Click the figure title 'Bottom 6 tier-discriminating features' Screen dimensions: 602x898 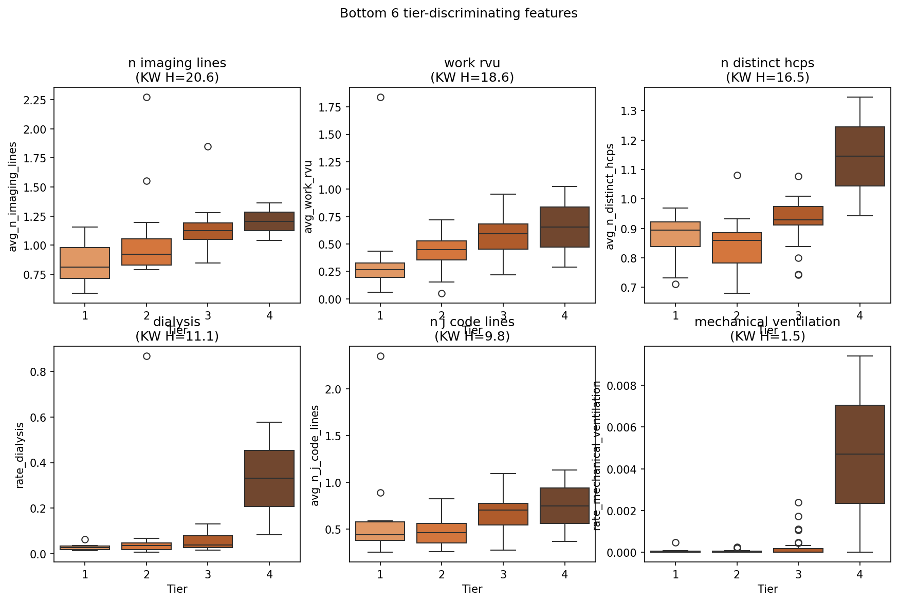[x=459, y=13]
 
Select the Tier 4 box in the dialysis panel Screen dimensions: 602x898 [x=269, y=478]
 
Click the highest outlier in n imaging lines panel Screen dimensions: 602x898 [x=146, y=97]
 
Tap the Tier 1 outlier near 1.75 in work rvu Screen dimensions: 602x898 [x=380, y=97]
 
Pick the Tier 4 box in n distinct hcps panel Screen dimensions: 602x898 [x=860, y=156]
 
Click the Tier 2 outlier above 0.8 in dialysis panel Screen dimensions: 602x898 [x=146, y=356]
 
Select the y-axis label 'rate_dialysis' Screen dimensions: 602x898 [x=20, y=455]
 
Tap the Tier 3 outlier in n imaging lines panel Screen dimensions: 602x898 [x=208, y=146]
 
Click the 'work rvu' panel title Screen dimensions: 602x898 [x=472, y=63]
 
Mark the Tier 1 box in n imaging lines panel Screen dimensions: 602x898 [x=85, y=263]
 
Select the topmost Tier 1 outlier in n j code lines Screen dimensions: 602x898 [x=380, y=356]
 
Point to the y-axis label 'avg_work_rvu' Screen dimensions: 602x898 [x=308, y=197]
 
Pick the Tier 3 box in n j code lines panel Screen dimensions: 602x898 [x=503, y=514]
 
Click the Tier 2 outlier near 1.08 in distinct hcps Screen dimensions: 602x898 [x=737, y=175]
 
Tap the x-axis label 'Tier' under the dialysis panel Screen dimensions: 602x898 [x=177, y=589]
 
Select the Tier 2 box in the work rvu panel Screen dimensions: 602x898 [x=442, y=250]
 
